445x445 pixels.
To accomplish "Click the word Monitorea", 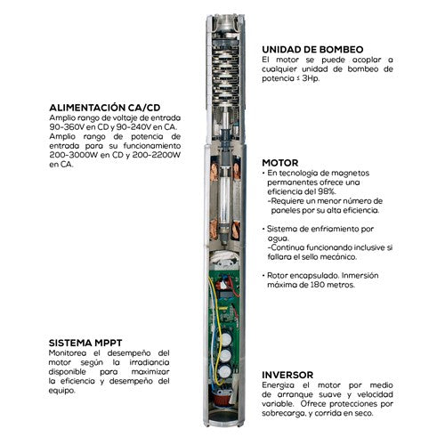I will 69,354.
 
